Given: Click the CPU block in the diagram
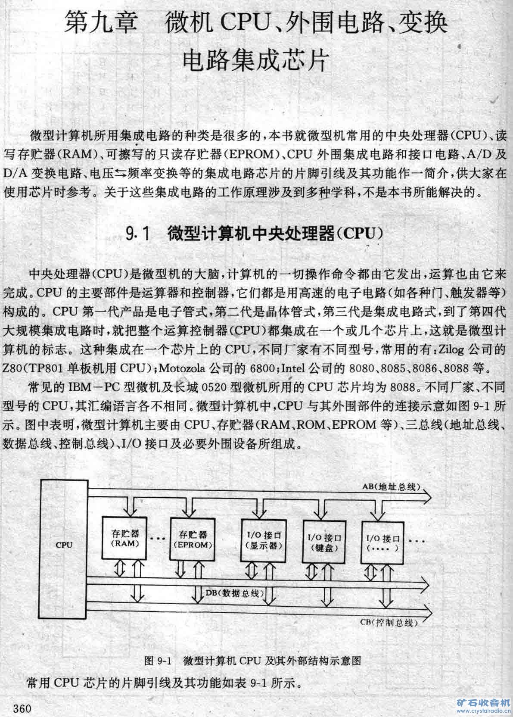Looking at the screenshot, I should (x=64, y=545).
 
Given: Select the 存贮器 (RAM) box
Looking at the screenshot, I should (x=122, y=539).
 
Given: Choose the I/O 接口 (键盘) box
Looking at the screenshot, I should (x=324, y=542).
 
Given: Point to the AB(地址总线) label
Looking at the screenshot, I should (x=392, y=487).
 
